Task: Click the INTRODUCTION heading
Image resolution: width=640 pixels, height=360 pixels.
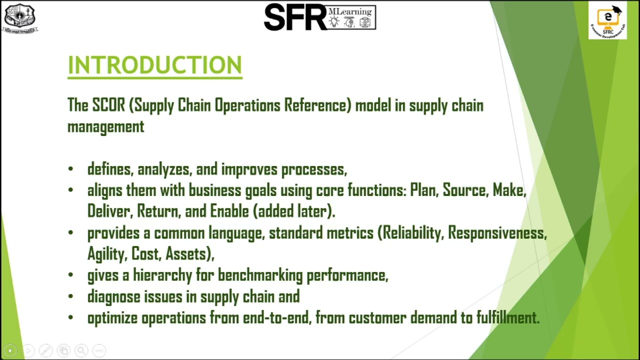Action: [x=154, y=65]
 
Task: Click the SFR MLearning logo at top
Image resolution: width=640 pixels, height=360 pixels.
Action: [x=319, y=17]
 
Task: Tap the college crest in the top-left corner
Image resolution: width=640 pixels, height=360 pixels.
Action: [x=20, y=18]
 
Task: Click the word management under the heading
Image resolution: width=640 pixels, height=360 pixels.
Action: [x=105, y=126]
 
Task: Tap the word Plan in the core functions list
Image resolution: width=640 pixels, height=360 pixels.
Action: [x=423, y=190]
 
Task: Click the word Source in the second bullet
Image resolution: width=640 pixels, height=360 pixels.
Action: [x=464, y=190]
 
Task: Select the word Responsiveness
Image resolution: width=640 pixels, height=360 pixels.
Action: [x=497, y=233]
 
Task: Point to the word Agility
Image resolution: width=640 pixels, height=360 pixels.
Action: [x=107, y=254]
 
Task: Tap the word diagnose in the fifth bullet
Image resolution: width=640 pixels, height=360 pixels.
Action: [x=113, y=297]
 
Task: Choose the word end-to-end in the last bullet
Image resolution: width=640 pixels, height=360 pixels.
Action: [x=276, y=318]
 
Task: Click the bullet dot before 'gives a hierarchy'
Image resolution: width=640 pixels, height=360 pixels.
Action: [x=70, y=275]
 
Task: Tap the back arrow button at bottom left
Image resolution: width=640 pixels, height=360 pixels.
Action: [x=10, y=350]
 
